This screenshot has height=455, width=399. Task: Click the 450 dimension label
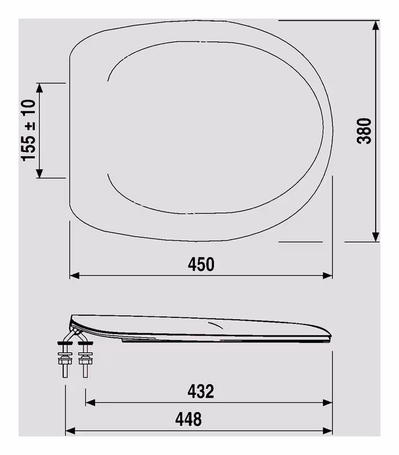click(201, 264)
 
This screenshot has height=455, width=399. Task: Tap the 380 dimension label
click(364, 131)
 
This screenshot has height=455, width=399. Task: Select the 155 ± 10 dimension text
click(28, 130)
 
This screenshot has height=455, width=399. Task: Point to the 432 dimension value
click(201, 391)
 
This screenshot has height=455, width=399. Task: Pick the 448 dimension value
click(188, 419)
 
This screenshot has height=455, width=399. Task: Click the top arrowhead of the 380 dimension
click(376, 25)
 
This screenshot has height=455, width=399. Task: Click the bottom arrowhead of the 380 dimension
click(376, 237)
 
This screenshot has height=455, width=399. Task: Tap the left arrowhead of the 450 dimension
click(74, 275)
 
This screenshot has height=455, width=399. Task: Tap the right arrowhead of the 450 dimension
click(328, 275)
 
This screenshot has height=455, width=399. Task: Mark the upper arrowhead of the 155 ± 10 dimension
click(39, 88)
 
